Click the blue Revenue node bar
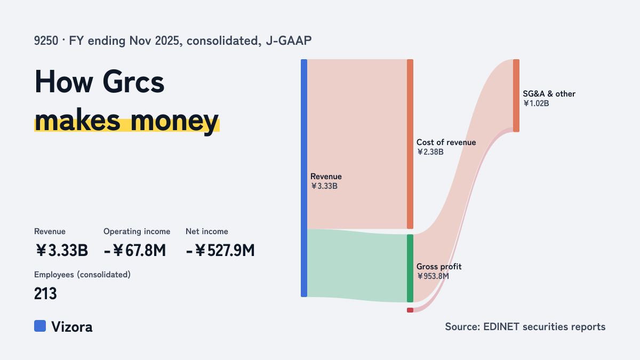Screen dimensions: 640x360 (304, 178)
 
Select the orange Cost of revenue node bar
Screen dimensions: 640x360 (410, 144)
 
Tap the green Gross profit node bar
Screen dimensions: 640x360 (410, 268)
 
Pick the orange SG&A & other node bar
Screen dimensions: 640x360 (516, 95)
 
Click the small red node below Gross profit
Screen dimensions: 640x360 (410, 310)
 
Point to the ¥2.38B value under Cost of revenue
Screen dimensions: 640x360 (430, 152)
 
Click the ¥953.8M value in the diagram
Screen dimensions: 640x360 (433, 276)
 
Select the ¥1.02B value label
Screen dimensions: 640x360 (536, 103)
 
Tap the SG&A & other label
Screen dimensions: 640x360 (549, 94)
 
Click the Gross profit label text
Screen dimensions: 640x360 (439, 267)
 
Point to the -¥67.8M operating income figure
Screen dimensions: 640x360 (135, 250)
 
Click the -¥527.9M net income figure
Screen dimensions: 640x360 (220, 250)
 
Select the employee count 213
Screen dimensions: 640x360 (45, 293)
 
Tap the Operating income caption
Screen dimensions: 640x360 (137, 231)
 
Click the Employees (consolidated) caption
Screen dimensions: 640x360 (82, 275)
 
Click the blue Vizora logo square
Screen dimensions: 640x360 (40, 326)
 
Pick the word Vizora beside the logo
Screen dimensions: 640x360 (72, 327)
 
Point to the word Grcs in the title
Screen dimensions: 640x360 (133, 82)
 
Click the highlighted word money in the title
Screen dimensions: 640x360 (174, 121)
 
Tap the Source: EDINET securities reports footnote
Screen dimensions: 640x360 (525, 326)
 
